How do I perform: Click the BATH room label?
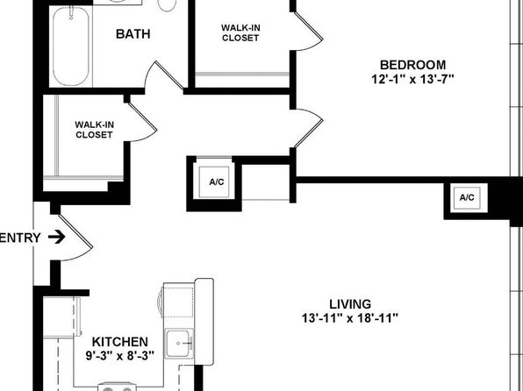(x=133, y=34)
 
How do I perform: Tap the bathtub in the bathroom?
(x=71, y=46)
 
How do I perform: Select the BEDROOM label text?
(x=412, y=65)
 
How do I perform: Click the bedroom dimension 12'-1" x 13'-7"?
(x=412, y=79)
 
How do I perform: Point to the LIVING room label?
(x=350, y=304)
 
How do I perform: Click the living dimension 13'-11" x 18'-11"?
(x=350, y=318)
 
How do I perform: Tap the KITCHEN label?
(x=119, y=342)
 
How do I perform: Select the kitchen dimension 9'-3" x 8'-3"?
(x=119, y=356)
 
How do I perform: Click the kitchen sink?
(x=179, y=343)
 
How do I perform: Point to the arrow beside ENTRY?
(x=56, y=237)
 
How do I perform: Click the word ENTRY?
(x=20, y=238)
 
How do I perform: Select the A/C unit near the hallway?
(x=217, y=182)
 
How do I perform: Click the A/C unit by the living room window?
(x=467, y=197)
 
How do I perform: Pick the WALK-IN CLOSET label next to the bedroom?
(x=240, y=32)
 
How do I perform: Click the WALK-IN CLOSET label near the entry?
(x=95, y=130)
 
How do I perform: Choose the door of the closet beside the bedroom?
(x=310, y=31)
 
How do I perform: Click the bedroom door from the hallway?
(x=310, y=128)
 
